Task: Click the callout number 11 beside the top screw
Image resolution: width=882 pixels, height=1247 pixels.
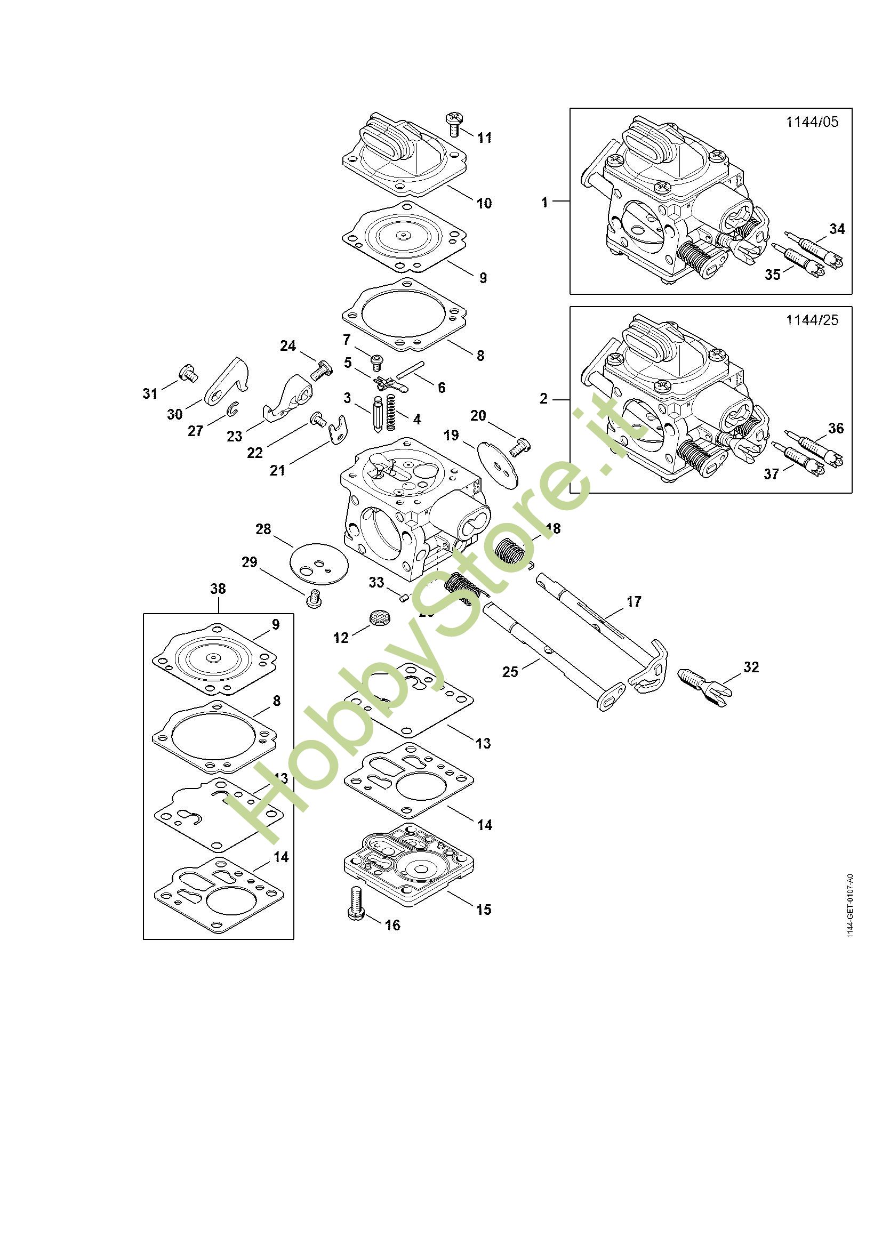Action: (x=484, y=138)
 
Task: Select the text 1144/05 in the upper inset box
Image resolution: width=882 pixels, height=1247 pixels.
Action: (x=812, y=122)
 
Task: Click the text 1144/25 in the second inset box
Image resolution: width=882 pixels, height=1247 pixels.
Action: (x=812, y=320)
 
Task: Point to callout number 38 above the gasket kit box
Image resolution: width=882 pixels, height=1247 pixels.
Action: (x=218, y=589)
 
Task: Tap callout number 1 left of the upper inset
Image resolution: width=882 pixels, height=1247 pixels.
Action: (x=545, y=203)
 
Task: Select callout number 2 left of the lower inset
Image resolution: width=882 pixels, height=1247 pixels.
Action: (x=543, y=399)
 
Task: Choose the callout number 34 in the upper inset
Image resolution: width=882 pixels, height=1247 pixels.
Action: (x=837, y=229)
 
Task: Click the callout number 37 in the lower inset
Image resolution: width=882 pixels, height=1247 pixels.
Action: (x=772, y=474)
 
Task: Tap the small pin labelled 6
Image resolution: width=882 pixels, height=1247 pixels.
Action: (x=410, y=369)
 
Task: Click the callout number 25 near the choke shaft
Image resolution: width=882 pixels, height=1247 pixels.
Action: (x=510, y=672)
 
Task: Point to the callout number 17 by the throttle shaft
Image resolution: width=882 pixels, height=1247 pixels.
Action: (x=634, y=601)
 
